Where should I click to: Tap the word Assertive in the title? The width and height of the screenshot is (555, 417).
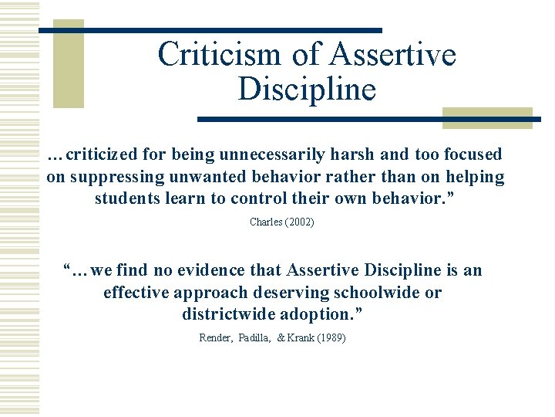[392, 55]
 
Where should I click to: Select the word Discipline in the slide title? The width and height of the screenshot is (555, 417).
[307, 89]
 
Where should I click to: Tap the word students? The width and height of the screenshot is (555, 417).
[126, 198]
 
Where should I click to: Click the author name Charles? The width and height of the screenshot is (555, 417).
[264, 222]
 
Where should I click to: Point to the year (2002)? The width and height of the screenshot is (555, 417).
[299, 222]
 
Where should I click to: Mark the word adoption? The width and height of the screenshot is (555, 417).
[319, 314]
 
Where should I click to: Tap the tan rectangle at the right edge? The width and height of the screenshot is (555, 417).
[487, 118]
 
